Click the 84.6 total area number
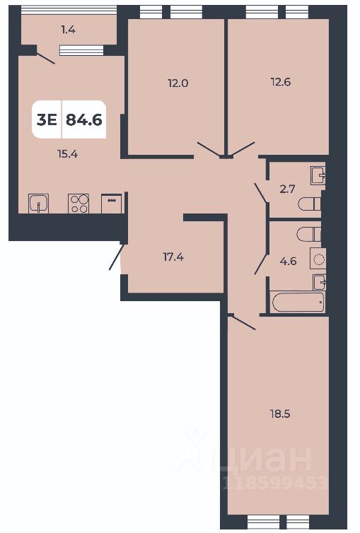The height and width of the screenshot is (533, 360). click(x=84, y=119)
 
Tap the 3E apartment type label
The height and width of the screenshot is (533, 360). click(x=47, y=119)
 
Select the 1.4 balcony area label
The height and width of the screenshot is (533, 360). click(x=68, y=29)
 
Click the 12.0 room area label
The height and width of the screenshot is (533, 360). click(x=178, y=83)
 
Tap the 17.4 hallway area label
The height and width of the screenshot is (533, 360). click(x=175, y=257)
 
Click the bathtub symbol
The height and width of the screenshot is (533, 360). click(x=298, y=302)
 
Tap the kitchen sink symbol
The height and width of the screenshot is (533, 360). click(x=38, y=204)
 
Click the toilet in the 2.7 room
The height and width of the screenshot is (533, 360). click(x=310, y=205)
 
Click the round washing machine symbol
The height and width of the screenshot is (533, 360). click(x=318, y=259)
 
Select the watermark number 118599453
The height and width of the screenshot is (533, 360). click(x=275, y=484)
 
